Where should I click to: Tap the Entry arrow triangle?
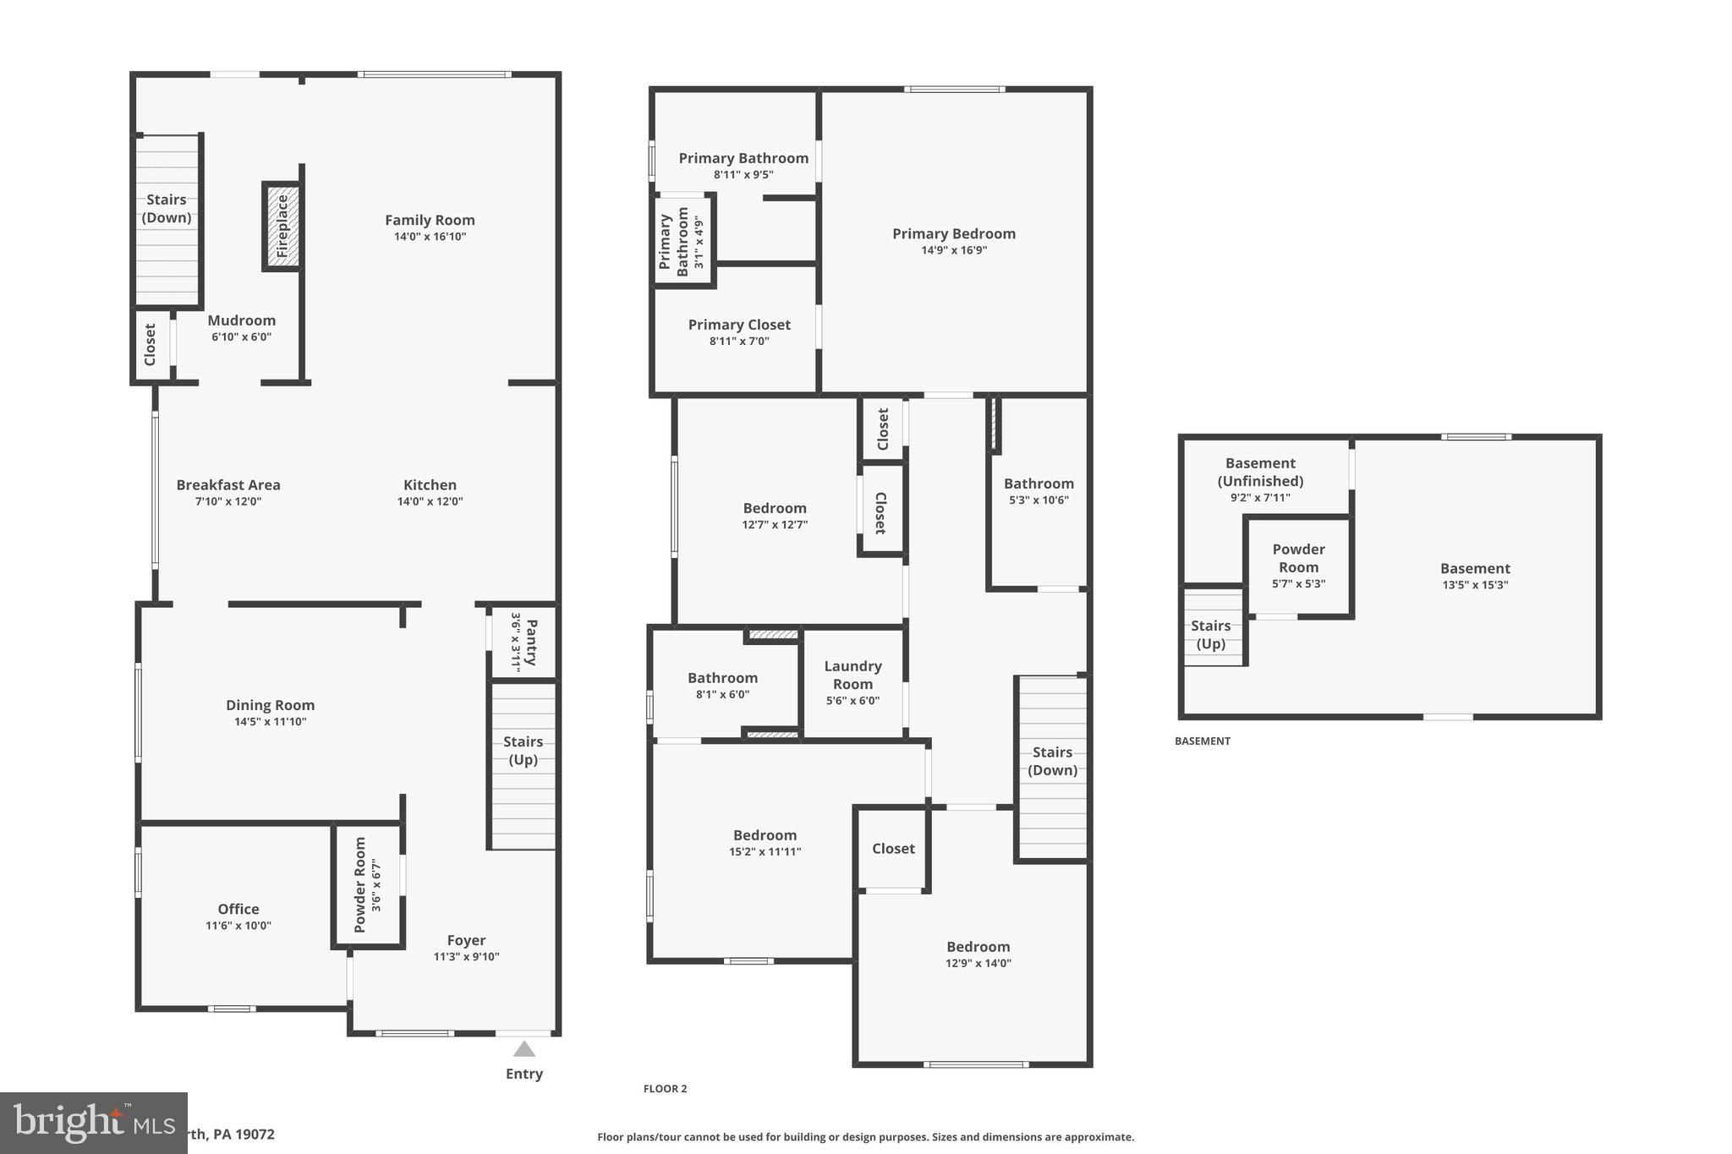tap(524, 1049)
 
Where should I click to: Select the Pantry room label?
tap(531, 643)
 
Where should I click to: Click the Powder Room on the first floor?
tap(367, 885)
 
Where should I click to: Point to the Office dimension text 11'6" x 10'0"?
tap(238, 926)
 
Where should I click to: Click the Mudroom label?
tap(242, 320)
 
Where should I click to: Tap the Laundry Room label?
tap(852, 675)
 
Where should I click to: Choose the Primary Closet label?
tap(739, 325)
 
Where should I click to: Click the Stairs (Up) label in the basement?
tap(1210, 635)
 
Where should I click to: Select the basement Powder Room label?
tap(1298, 559)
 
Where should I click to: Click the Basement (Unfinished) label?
tap(1260, 472)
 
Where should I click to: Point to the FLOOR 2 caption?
tap(666, 1089)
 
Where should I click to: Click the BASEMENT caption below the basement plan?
tap(1203, 741)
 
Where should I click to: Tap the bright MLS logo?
tap(93, 1123)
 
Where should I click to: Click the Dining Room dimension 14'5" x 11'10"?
tap(271, 722)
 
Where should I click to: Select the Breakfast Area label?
tap(228, 485)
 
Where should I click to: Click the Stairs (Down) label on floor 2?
tap(1052, 761)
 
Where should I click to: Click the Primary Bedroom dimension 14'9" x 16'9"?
tap(954, 250)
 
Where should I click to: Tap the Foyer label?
tap(466, 940)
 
